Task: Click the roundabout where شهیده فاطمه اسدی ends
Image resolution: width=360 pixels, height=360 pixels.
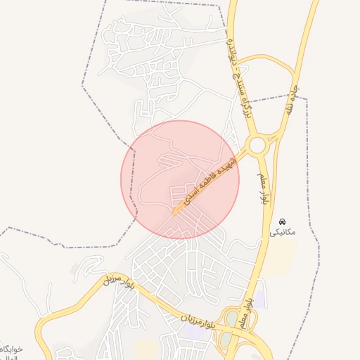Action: (257, 146)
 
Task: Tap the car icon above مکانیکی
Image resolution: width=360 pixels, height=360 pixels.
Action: (283, 221)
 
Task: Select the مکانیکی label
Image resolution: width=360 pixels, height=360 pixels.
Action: (283, 232)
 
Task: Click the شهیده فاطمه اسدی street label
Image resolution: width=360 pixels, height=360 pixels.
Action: (207, 182)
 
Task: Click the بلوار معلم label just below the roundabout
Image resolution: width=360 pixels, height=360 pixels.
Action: (265, 186)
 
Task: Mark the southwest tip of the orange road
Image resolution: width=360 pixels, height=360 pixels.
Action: (174, 212)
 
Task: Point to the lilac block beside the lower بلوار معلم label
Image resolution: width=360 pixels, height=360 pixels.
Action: (260, 299)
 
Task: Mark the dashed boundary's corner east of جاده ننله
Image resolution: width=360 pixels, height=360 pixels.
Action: (307, 96)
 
